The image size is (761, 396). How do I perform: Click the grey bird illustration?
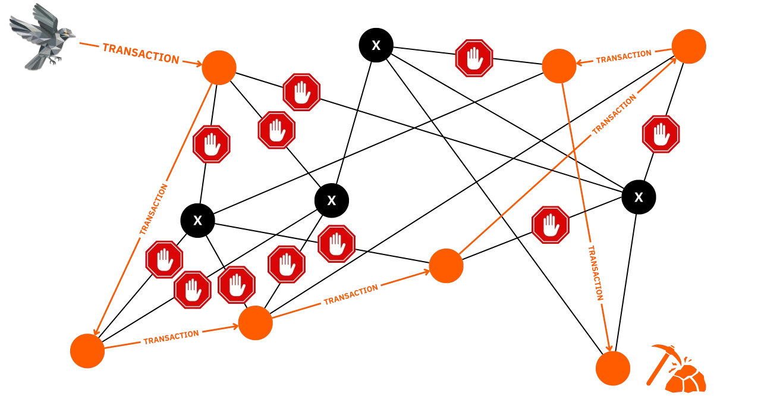pyautogui.click(x=40, y=36)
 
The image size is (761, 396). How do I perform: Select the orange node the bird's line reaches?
pyautogui.click(x=219, y=67)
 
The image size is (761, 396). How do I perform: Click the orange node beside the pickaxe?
pyautogui.click(x=613, y=368)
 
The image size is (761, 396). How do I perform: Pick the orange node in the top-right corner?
pyautogui.click(x=688, y=46)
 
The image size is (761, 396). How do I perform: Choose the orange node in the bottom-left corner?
pyautogui.click(x=87, y=351)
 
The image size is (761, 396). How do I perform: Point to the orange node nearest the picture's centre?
pyautogui.click(x=446, y=266)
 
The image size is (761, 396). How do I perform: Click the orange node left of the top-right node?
pyautogui.click(x=559, y=66)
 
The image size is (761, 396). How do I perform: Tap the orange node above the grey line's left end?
pyautogui.click(x=256, y=323)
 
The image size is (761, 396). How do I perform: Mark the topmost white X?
pyautogui.click(x=376, y=46)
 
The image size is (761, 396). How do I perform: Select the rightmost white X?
pyautogui.click(x=639, y=197)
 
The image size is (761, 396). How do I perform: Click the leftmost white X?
pyautogui.click(x=197, y=221)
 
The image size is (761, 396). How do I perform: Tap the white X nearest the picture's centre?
pyautogui.click(x=332, y=201)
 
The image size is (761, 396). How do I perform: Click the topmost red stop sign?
pyautogui.click(x=474, y=58)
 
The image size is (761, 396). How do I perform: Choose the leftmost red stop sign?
pyautogui.click(x=165, y=259)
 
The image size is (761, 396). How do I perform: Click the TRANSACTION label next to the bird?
pyautogui.click(x=140, y=54)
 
